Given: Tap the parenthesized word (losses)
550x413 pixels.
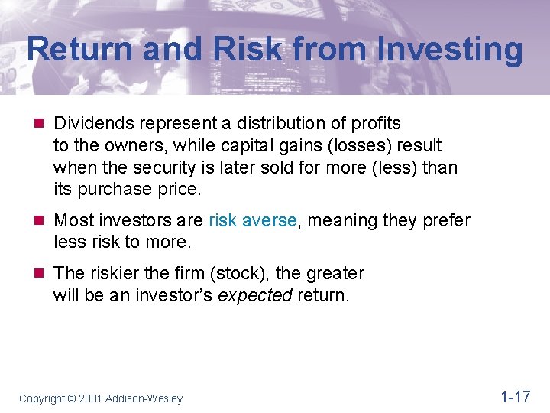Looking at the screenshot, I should (359, 145).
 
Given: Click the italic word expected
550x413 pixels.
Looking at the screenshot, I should (254, 295).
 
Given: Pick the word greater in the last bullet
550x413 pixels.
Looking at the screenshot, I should (335, 274).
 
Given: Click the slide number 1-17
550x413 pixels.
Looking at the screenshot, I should (515, 396).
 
